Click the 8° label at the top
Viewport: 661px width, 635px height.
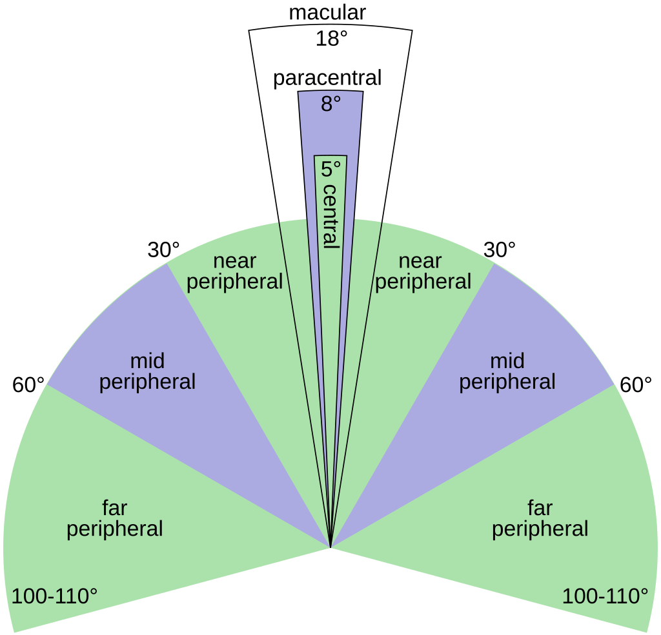pos(330,104)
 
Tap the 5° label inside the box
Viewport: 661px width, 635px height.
pos(330,170)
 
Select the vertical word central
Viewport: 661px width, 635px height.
pos(330,216)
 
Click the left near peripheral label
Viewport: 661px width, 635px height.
pos(235,271)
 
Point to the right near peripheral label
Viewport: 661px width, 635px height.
pos(423,271)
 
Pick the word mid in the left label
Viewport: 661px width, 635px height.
pos(147,360)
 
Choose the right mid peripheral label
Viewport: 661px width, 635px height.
pos(507,371)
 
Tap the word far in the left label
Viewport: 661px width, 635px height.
pos(115,508)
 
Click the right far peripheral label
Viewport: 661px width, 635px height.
pos(540,518)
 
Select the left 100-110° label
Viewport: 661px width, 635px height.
pos(55,596)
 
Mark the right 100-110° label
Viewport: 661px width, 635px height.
pos(605,596)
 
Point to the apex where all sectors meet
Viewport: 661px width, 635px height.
pos(330,547)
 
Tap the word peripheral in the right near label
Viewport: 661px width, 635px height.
pos(423,282)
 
